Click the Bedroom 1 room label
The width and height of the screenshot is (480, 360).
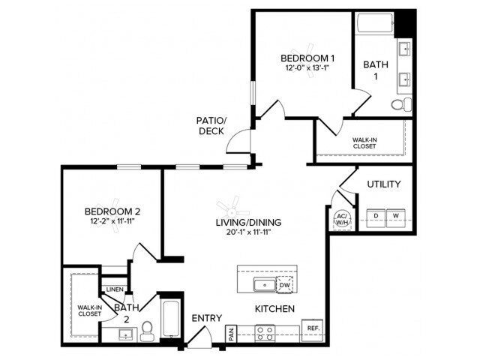tap(307, 58)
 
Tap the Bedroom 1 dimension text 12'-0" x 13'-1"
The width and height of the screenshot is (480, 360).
tap(307, 69)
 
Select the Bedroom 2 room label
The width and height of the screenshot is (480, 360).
tap(112, 211)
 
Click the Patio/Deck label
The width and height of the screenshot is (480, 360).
tap(211, 125)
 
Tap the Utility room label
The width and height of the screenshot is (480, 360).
tap(383, 184)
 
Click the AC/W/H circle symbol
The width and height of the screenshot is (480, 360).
tap(342, 217)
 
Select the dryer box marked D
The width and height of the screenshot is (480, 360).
tap(376, 217)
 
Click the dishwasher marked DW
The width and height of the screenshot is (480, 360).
tap(285, 283)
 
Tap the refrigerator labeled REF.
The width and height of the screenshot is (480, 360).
tap(311, 328)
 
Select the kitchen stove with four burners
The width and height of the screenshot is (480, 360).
tap(264, 332)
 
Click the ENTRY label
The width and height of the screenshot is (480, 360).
tap(206, 319)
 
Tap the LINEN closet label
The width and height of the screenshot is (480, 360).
tap(115, 289)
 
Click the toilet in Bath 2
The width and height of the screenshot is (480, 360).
tap(147, 329)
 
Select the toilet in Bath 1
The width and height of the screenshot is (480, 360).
tap(406, 103)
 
